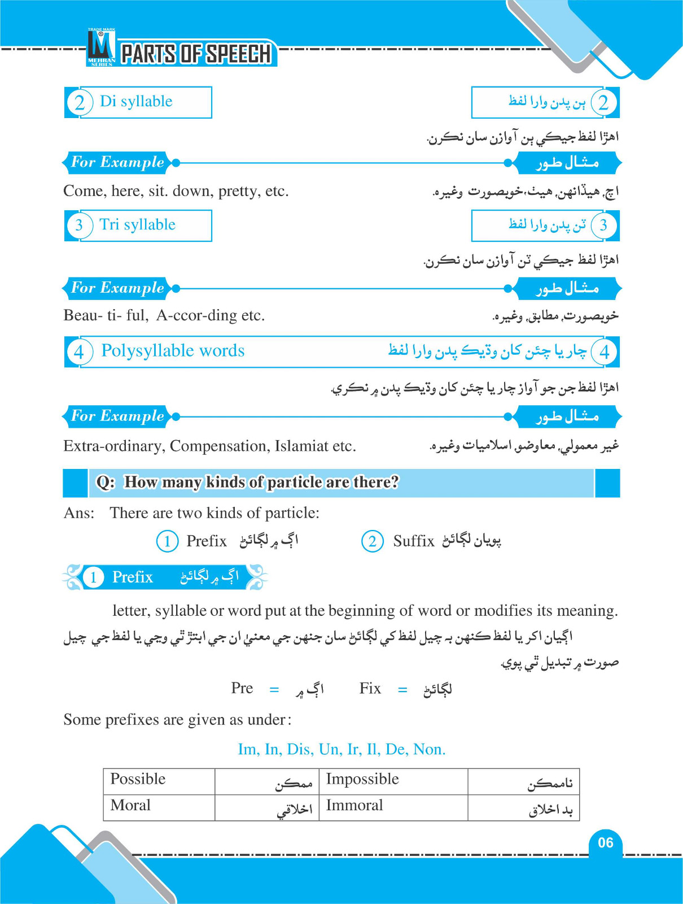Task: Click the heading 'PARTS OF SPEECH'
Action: [196, 54]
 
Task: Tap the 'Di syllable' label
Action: [136, 102]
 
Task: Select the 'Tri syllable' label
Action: [137, 225]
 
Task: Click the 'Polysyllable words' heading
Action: [173, 351]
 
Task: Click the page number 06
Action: [605, 842]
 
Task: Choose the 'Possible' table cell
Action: [138, 779]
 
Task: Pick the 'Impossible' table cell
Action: [362, 779]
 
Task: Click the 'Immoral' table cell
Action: [354, 805]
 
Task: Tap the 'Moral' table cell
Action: [130, 805]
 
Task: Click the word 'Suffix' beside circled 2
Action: [414, 541]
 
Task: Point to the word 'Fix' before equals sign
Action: [370, 688]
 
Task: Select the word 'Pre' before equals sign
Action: [242, 688]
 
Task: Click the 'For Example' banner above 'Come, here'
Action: [117, 163]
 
